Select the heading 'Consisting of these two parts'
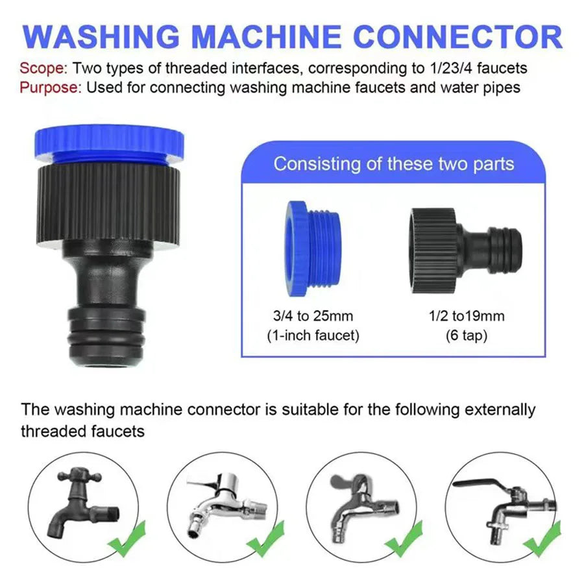tap(393, 163)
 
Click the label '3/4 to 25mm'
tap(313, 317)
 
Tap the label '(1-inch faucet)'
tap(313, 335)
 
